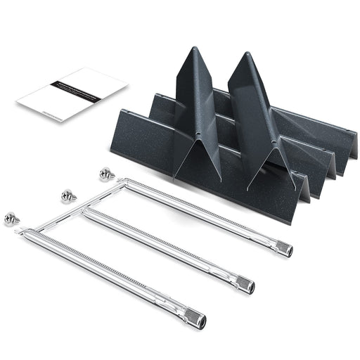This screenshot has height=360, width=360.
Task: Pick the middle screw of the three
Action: click(68, 195)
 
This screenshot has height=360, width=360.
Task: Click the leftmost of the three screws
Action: click(13, 218)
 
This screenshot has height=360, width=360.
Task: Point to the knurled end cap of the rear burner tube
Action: click(283, 248)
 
